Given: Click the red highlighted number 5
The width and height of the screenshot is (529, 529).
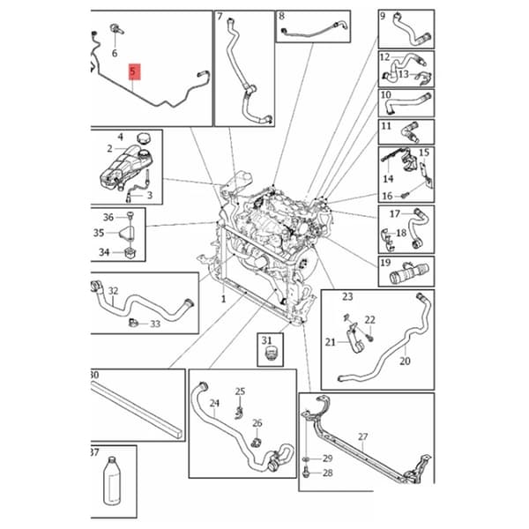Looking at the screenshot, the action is [134, 71].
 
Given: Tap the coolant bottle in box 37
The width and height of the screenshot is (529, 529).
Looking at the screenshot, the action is [112, 481].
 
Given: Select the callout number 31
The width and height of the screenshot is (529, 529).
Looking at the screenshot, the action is [266, 340].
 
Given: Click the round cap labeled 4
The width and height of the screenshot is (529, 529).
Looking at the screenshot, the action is [143, 138].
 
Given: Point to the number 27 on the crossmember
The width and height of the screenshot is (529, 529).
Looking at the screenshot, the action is [362, 437].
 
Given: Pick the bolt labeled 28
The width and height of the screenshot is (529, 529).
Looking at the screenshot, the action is [307, 473].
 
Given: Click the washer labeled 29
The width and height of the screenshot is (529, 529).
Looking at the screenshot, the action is [306, 459].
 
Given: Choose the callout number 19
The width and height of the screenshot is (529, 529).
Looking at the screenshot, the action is [385, 263].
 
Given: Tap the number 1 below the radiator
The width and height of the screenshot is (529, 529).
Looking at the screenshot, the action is [223, 299].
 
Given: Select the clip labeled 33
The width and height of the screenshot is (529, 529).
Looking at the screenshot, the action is [133, 323].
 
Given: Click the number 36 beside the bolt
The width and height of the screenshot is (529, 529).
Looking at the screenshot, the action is [108, 217].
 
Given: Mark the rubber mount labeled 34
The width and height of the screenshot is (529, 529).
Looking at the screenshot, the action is [130, 253].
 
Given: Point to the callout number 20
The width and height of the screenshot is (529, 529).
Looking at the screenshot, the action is [405, 361].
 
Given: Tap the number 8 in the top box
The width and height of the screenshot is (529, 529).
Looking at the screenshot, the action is [281, 16].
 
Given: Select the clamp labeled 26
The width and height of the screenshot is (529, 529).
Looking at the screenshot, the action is [256, 442].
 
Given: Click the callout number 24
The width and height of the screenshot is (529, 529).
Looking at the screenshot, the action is [214, 403].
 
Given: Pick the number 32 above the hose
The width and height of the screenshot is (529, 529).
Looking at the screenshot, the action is [114, 291].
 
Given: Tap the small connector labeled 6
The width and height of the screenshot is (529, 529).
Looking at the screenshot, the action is [116, 29].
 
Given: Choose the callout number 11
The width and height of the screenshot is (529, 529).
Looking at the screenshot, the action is [386, 126].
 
